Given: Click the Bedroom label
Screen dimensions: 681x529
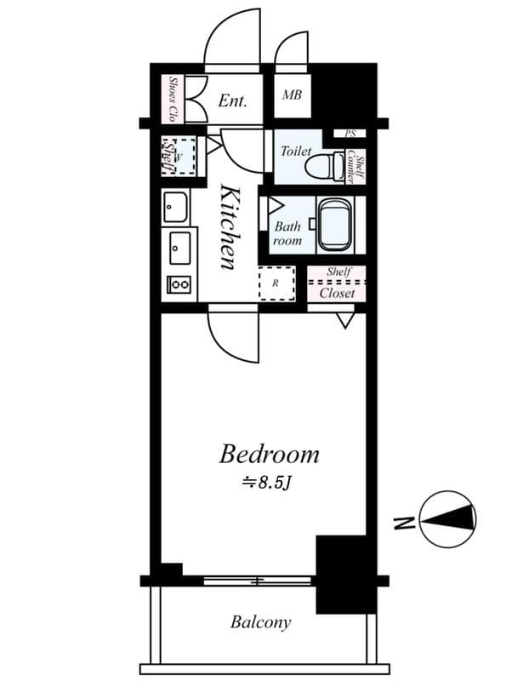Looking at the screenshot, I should pos(269,455).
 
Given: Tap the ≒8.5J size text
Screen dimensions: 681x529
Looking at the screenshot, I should pos(267,483).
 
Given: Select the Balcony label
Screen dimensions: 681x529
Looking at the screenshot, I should pos(260,622).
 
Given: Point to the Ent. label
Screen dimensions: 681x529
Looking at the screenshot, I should pos(232,100).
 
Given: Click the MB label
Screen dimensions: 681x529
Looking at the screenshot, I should pos(292,96).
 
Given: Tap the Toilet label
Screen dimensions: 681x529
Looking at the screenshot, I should pos(296,151).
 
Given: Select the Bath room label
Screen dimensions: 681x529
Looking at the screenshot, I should pos(287,234).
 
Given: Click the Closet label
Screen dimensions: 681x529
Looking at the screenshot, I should pos(336,293).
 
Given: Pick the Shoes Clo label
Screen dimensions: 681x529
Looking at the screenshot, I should pos(173,99).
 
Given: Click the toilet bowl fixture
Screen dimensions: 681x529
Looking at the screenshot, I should pos(325,164).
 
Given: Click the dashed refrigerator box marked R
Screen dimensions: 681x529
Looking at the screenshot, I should pos(276,283).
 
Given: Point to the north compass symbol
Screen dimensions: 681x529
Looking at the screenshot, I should pos(448,519).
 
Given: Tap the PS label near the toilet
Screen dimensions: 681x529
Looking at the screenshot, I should pos(350,134).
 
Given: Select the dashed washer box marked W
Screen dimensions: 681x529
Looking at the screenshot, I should pos(179,156).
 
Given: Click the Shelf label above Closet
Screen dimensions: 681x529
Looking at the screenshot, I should pos(338,272).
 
